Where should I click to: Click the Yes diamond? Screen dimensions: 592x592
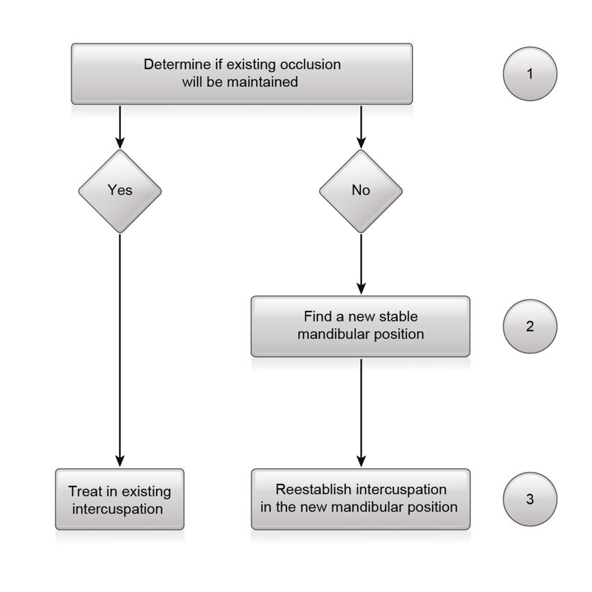tap(120, 191)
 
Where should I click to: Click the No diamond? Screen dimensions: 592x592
tap(361, 191)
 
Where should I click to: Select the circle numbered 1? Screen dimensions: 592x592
tap(530, 74)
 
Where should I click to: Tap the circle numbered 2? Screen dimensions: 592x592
tap(530, 326)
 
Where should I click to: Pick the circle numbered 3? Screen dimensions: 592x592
tap(530, 499)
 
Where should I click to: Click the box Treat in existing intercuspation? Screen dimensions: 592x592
tap(120, 500)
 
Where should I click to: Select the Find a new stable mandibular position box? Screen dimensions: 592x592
tap(360, 326)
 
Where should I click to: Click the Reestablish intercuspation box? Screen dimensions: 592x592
tap(360, 499)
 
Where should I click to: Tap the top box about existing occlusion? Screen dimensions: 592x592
tap(241, 74)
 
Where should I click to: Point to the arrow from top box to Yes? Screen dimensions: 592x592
tap(120, 126)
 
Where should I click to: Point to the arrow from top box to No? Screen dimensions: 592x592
tap(361, 126)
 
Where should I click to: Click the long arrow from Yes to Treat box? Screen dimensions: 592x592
tap(120, 349)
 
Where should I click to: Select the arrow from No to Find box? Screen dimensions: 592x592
tap(361, 263)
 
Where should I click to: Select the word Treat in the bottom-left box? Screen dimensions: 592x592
tap(85, 492)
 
